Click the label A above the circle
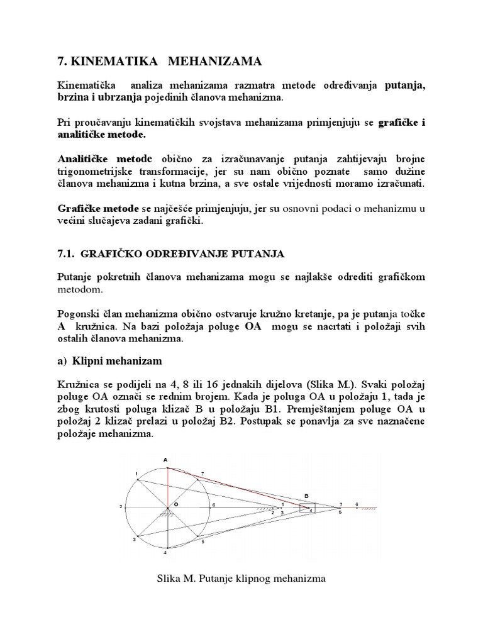pos(166,460)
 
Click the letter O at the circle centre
pos(177,503)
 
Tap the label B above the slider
pos(306,496)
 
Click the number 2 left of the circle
pos(120,506)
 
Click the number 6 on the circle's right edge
pos(214,504)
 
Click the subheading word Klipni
pos(91,361)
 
